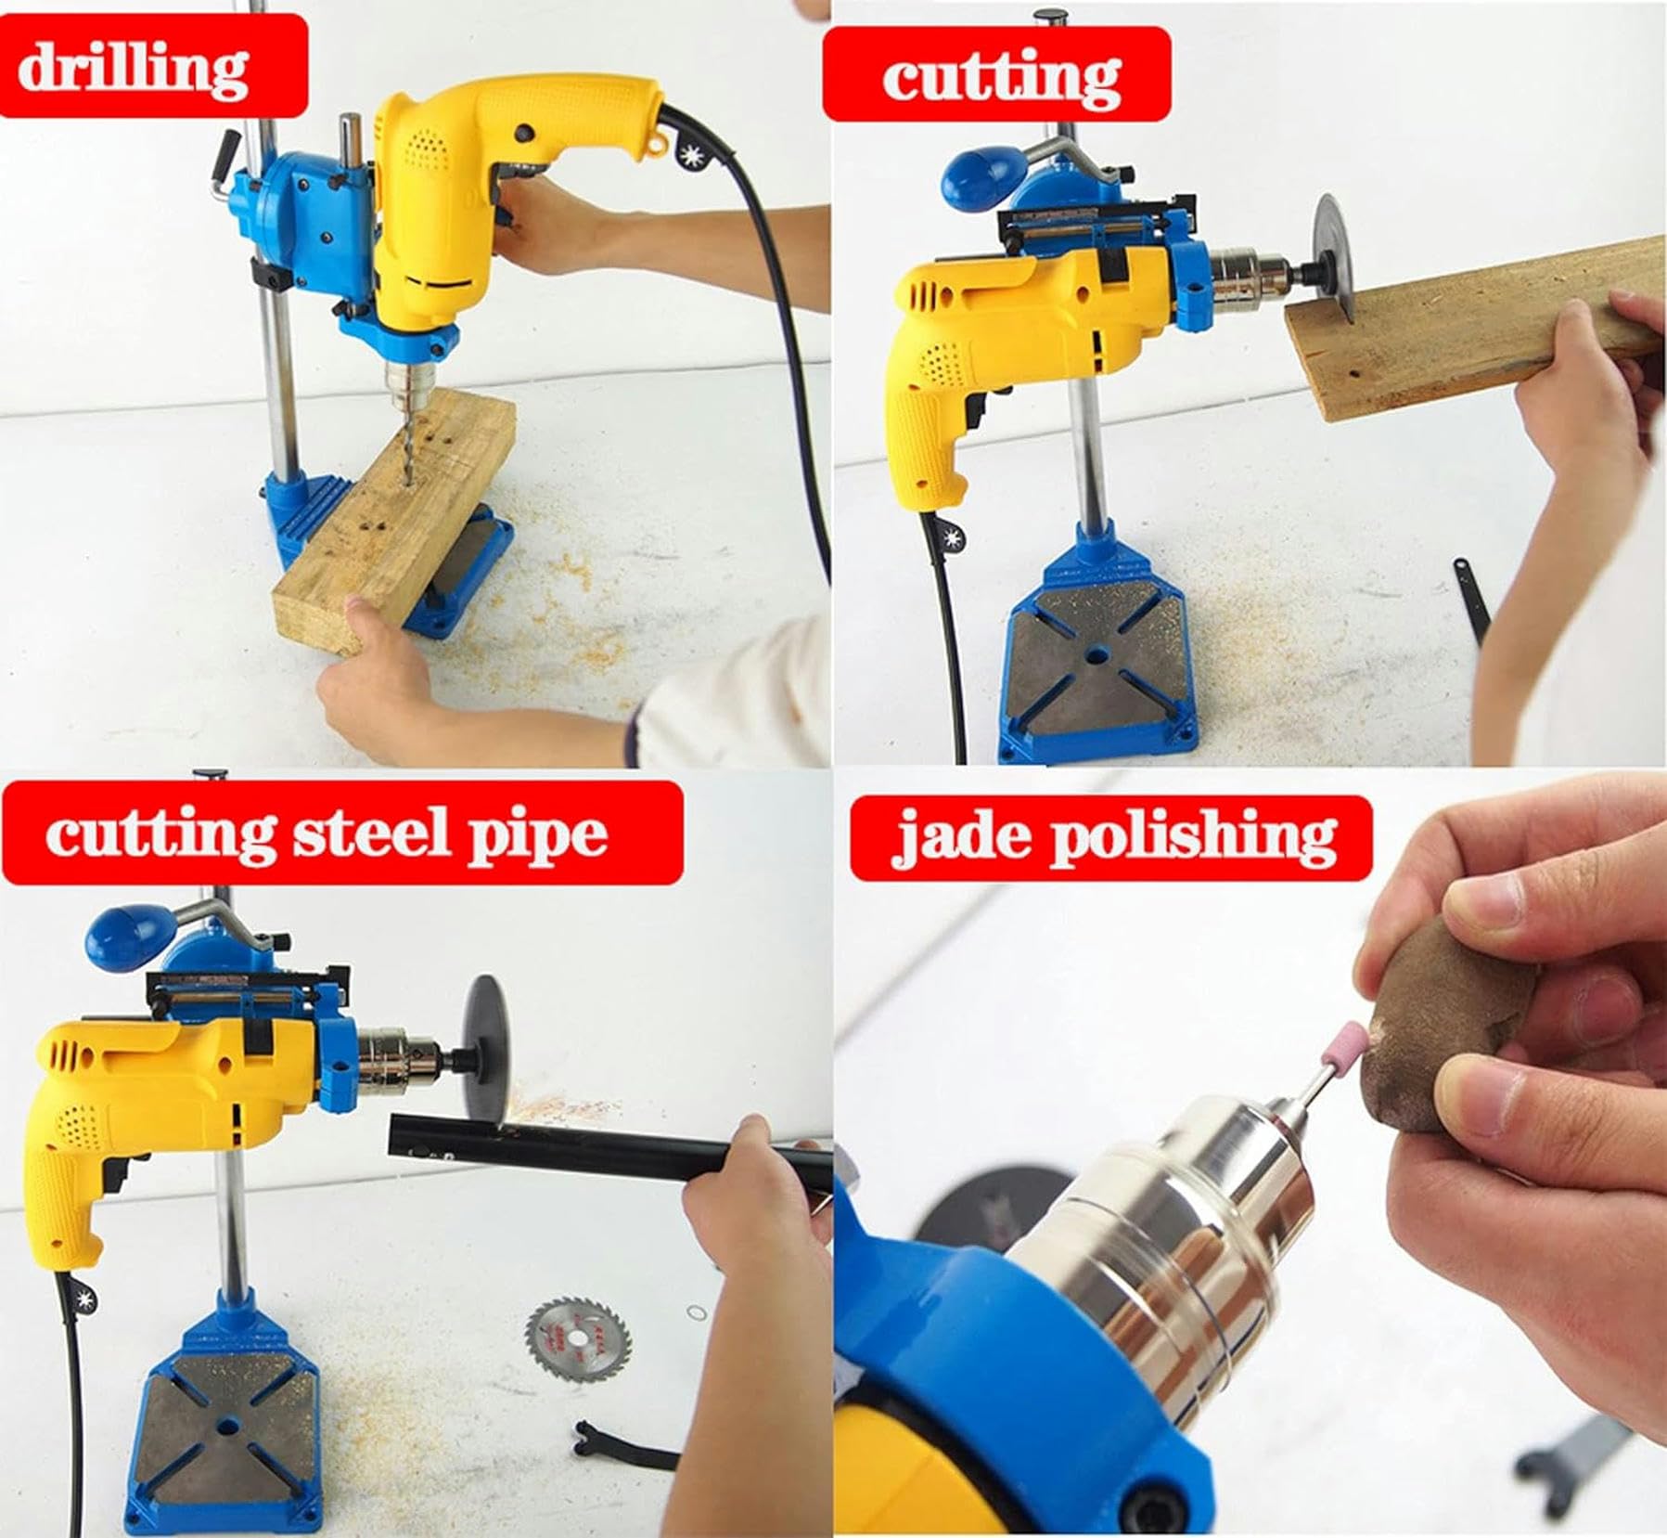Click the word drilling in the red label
133,67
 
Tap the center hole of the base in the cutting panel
1096,655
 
